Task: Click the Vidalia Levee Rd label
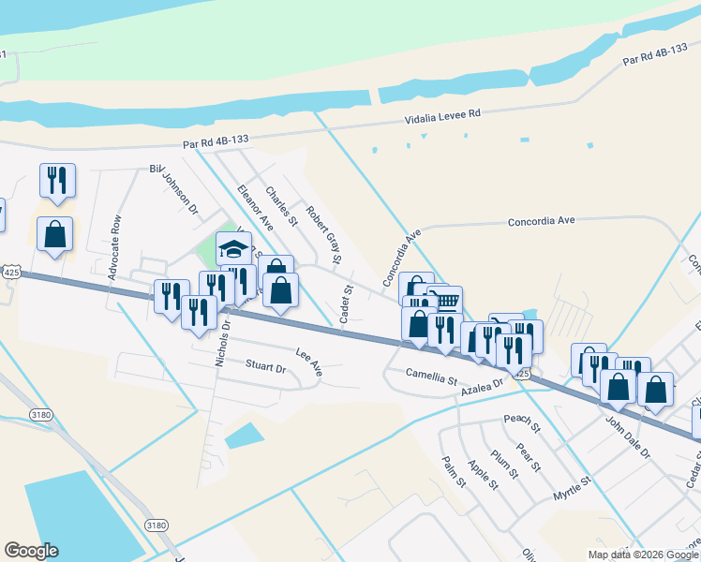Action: [x=442, y=116]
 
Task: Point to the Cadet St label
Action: [x=345, y=306]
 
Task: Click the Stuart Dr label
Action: [x=265, y=365]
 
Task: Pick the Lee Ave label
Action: [x=308, y=362]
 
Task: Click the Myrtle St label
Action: [x=572, y=488]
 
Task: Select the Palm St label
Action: [x=455, y=472]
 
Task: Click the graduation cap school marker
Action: [x=233, y=249]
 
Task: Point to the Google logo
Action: [x=31, y=551]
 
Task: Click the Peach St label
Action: [x=522, y=424]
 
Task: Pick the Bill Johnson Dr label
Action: [x=174, y=187]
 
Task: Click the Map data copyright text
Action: [x=643, y=555]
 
